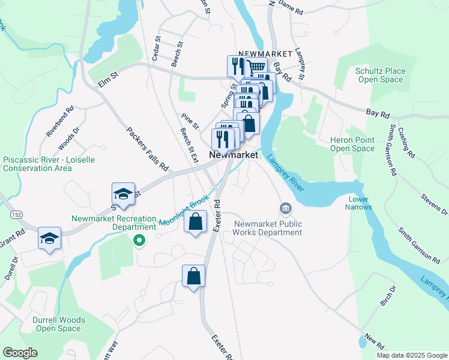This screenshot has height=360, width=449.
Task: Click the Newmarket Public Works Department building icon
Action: [x=285, y=209]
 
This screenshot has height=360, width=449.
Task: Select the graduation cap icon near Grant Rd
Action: [x=49, y=238]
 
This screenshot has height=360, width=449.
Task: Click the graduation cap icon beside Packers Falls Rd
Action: [x=122, y=194]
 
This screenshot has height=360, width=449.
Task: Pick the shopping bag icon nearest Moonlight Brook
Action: [x=196, y=222]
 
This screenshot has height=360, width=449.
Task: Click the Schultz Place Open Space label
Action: [x=381, y=75]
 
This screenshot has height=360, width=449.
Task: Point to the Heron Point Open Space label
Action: [x=352, y=144]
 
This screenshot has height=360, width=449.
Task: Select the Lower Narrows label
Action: [x=358, y=203]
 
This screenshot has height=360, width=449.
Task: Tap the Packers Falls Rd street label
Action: [x=142, y=146]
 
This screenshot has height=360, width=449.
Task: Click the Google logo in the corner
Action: [x=20, y=352]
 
